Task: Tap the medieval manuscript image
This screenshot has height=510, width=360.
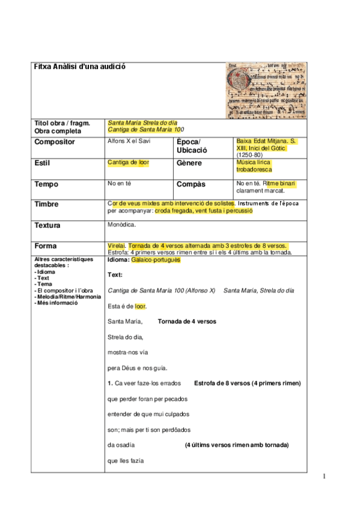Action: [265, 90]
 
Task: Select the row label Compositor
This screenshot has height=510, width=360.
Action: [55, 142]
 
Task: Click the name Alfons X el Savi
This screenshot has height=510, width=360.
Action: [129, 141]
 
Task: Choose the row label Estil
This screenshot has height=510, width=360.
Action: [43, 163]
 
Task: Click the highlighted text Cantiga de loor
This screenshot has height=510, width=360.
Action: [129, 162]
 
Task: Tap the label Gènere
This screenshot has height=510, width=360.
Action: [189, 163]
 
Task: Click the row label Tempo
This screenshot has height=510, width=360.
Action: [46, 184]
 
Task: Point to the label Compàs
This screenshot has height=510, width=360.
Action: [191, 184]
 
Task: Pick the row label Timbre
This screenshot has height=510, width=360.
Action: [47, 204]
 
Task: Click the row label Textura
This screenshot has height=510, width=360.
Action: [48, 226]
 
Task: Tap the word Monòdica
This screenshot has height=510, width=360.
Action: [121, 225]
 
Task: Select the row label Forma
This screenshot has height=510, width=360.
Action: [46, 246]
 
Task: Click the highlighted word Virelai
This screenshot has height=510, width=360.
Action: [116, 245]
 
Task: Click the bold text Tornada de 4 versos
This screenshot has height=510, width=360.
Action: [187, 321]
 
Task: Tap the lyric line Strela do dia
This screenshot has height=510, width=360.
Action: [126, 337]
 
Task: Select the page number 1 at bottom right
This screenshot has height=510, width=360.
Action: [325, 476]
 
